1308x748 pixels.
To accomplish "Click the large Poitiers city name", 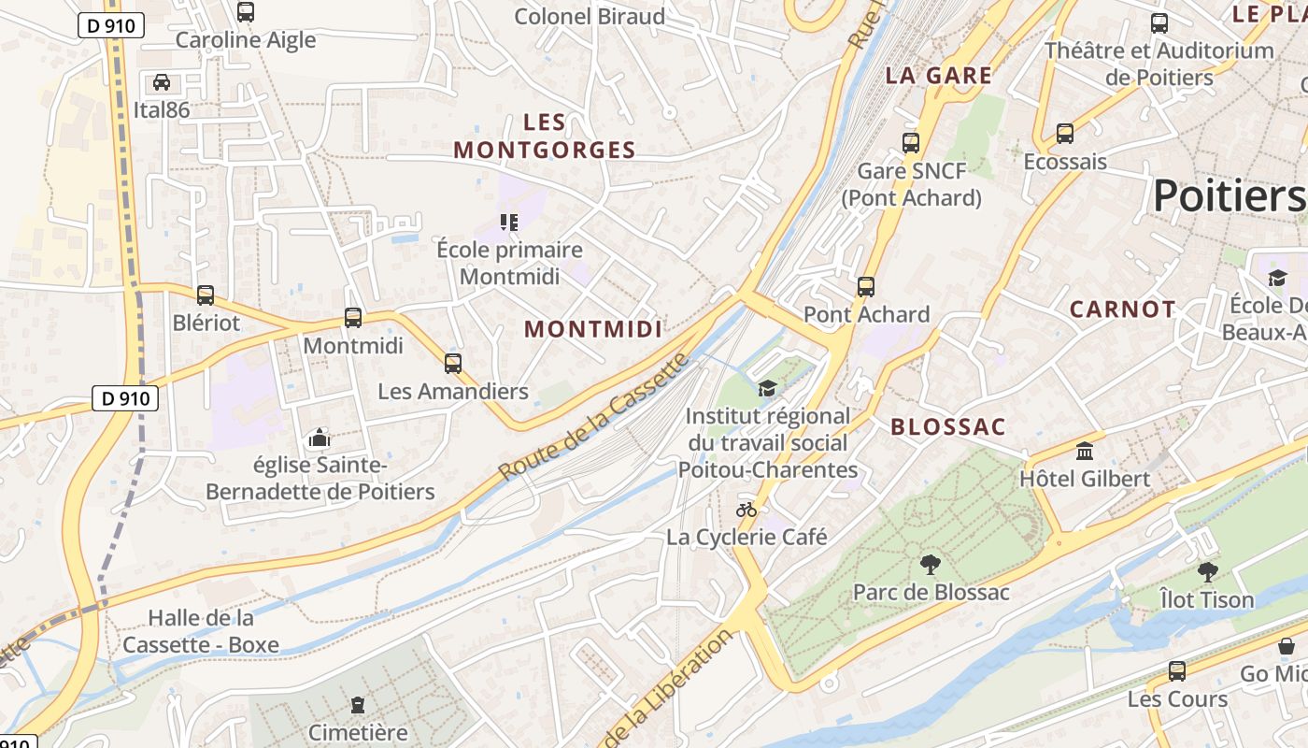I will [x=1228, y=196].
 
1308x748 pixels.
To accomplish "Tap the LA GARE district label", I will [x=938, y=76].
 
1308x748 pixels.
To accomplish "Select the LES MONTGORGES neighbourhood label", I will [x=545, y=136].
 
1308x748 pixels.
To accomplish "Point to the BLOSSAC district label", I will [x=947, y=427].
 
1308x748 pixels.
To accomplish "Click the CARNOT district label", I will [x=1122, y=309].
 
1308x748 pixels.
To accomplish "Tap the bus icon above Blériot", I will [x=206, y=295].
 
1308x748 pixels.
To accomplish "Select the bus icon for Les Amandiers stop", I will [x=453, y=364].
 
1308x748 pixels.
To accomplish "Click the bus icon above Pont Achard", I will [x=866, y=287].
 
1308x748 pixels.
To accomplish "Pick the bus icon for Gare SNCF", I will [x=911, y=143].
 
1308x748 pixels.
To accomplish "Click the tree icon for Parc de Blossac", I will [x=930, y=564].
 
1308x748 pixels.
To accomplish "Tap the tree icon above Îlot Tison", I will [x=1207, y=571].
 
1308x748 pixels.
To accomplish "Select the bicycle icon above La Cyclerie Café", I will [x=746, y=510].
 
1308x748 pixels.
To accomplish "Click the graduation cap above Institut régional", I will [x=767, y=388].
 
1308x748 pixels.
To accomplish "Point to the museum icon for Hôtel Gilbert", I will [x=1085, y=452].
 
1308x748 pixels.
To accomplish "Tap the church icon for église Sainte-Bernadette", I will [x=320, y=438].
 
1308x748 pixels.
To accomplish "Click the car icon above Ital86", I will [x=162, y=82].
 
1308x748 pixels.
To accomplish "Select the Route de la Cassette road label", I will [x=594, y=417].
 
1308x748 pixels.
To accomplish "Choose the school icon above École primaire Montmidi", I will [x=509, y=223].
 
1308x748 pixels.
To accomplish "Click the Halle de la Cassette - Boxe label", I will [x=201, y=631].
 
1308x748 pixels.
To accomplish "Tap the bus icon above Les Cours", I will [x=1177, y=670].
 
